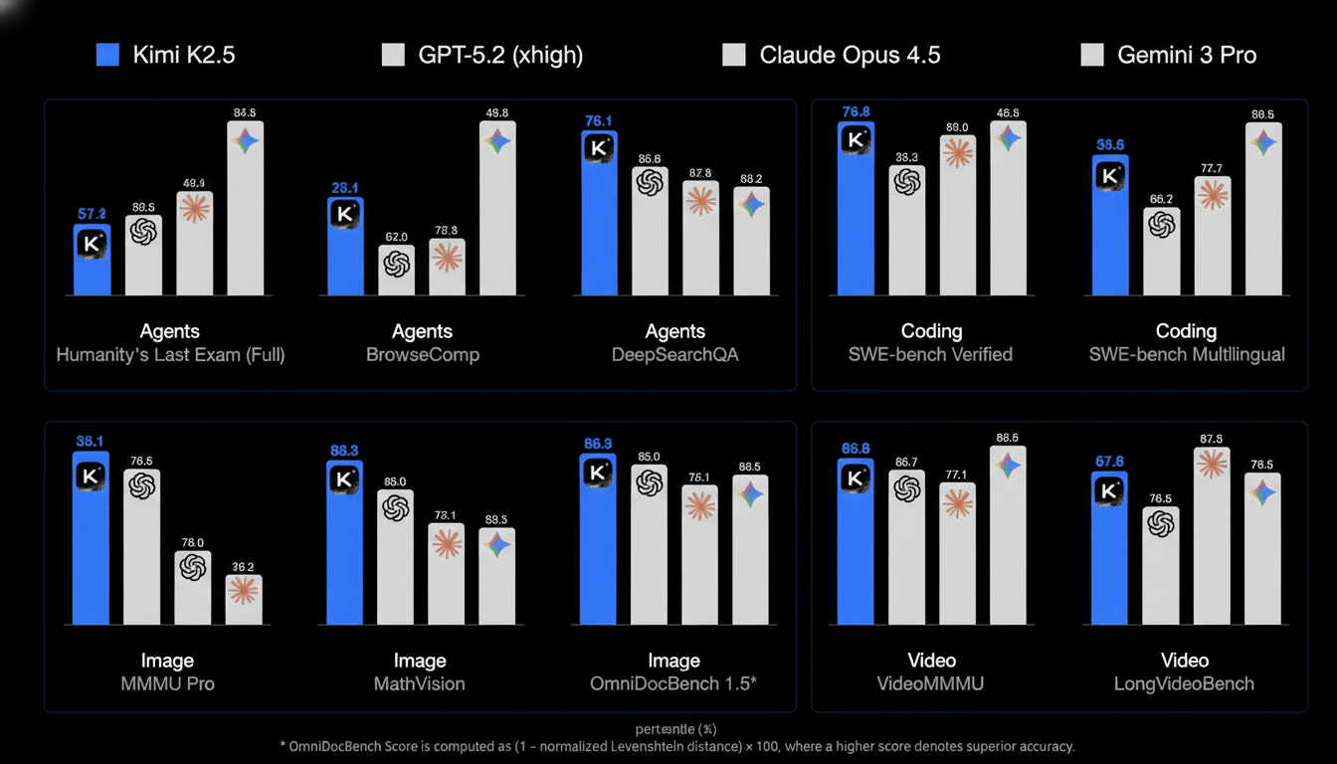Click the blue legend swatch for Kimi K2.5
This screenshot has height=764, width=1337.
(x=107, y=55)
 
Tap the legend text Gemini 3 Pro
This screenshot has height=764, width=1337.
(x=1187, y=55)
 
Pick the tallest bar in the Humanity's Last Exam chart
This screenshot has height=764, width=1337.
(x=246, y=209)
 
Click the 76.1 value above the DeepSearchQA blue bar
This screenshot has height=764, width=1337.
(x=599, y=121)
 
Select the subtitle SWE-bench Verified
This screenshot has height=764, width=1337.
(x=931, y=354)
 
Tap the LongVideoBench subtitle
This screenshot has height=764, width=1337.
(x=1185, y=683)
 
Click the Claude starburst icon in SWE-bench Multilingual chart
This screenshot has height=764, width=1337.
(x=1213, y=194)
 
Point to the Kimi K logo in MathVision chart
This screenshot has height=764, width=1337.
(x=345, y=478)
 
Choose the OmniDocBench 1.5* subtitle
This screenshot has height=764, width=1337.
(x=673, y=683)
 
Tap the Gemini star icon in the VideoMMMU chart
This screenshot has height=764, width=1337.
(x=1009, y=465)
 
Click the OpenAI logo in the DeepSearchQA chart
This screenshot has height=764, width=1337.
(x=650, y=183)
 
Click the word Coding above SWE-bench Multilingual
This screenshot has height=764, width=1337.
(x=1186, y=331)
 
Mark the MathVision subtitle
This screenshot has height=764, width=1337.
(x=419, y=683)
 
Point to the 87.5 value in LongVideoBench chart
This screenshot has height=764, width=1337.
(x=1212, y=439)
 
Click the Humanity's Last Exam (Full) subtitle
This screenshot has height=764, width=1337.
(x=170, y=354)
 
